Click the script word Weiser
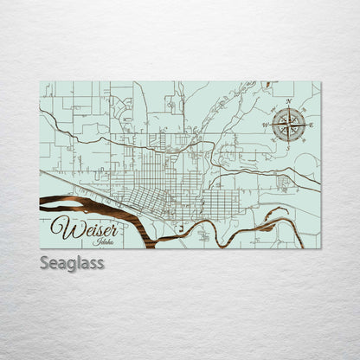point(82,228)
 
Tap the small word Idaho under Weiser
point(105,242)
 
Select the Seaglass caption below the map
point(72,262)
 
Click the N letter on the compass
point(287,102)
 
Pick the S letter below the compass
point(288,149)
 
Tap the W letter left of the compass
point(265,125)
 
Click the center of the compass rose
point(288,125)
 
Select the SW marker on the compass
point(275,138)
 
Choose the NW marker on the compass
point(275,112)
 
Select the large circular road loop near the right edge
point(306,163)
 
